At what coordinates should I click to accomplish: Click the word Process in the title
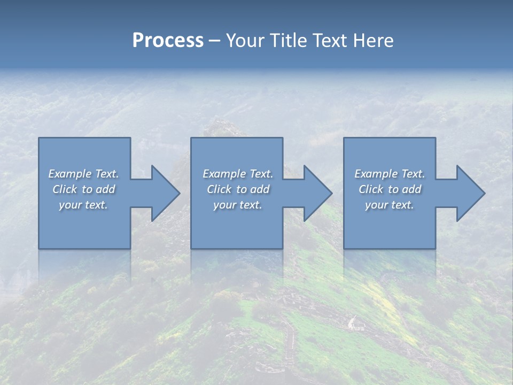point(168,41)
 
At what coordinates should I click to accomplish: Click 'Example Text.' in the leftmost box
point(83,174)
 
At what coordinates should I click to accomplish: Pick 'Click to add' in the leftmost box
point(83,189)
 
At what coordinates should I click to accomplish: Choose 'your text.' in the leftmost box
point(83,205)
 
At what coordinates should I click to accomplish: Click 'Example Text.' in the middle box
point(237,174)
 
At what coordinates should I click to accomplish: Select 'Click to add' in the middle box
point(237,189)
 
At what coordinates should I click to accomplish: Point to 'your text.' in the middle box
point(237,205)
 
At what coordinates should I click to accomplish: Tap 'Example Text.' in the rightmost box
point(389,174)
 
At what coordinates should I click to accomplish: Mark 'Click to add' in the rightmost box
point(389,189)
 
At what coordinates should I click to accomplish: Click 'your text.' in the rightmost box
point(389,205)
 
